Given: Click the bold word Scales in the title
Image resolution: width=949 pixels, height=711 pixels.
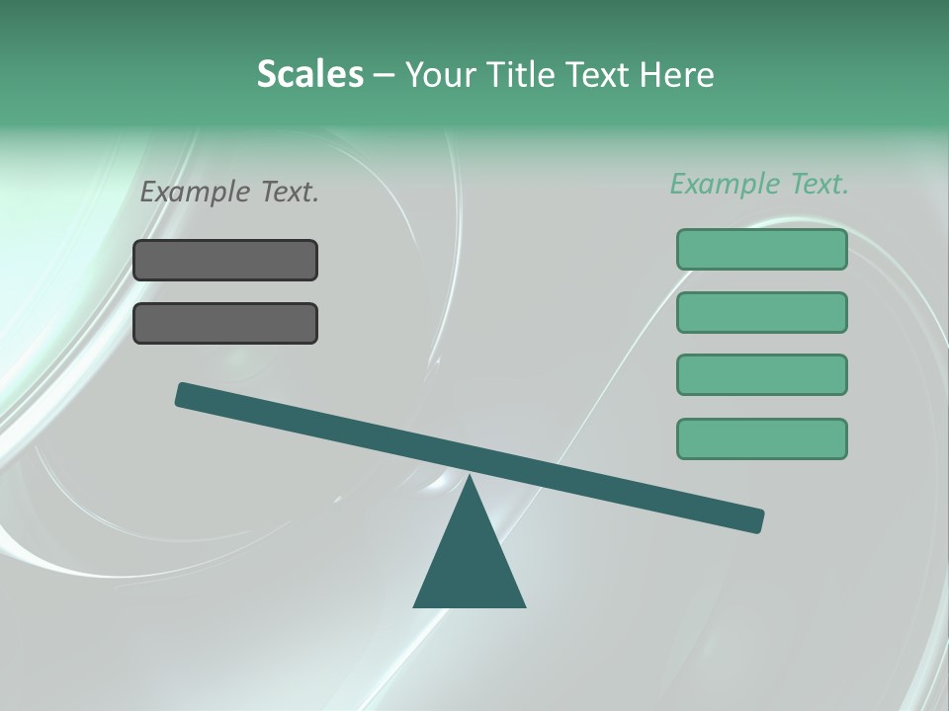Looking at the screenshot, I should (x=309, y=74).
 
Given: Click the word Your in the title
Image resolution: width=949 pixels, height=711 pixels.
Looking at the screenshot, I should (x=440, y=74).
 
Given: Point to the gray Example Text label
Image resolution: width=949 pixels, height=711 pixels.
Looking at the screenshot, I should (x=229, y=192).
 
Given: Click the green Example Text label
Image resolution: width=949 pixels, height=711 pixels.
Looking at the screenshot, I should (x=759, y=184).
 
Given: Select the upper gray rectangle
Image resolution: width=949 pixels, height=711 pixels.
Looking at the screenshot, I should (x=225, y=260).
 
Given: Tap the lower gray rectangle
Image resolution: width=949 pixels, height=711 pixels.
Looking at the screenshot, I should (x=225, y=323).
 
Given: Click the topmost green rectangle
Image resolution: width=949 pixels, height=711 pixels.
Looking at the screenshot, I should (x=761, y=249).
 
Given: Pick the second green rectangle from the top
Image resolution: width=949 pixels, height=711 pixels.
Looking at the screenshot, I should (x=761, y=312).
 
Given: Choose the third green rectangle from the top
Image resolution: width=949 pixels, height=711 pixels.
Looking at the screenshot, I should (x=761, y=375).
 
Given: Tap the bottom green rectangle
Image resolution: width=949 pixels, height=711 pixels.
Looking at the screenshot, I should (x=761, y=438).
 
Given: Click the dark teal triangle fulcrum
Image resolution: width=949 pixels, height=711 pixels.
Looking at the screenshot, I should (x=470, y=563).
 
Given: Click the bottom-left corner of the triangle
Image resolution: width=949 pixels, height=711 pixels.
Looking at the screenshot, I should (x=415, y=605).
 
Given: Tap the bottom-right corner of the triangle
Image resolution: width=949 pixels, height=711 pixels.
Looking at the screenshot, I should (x=524, y=605).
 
